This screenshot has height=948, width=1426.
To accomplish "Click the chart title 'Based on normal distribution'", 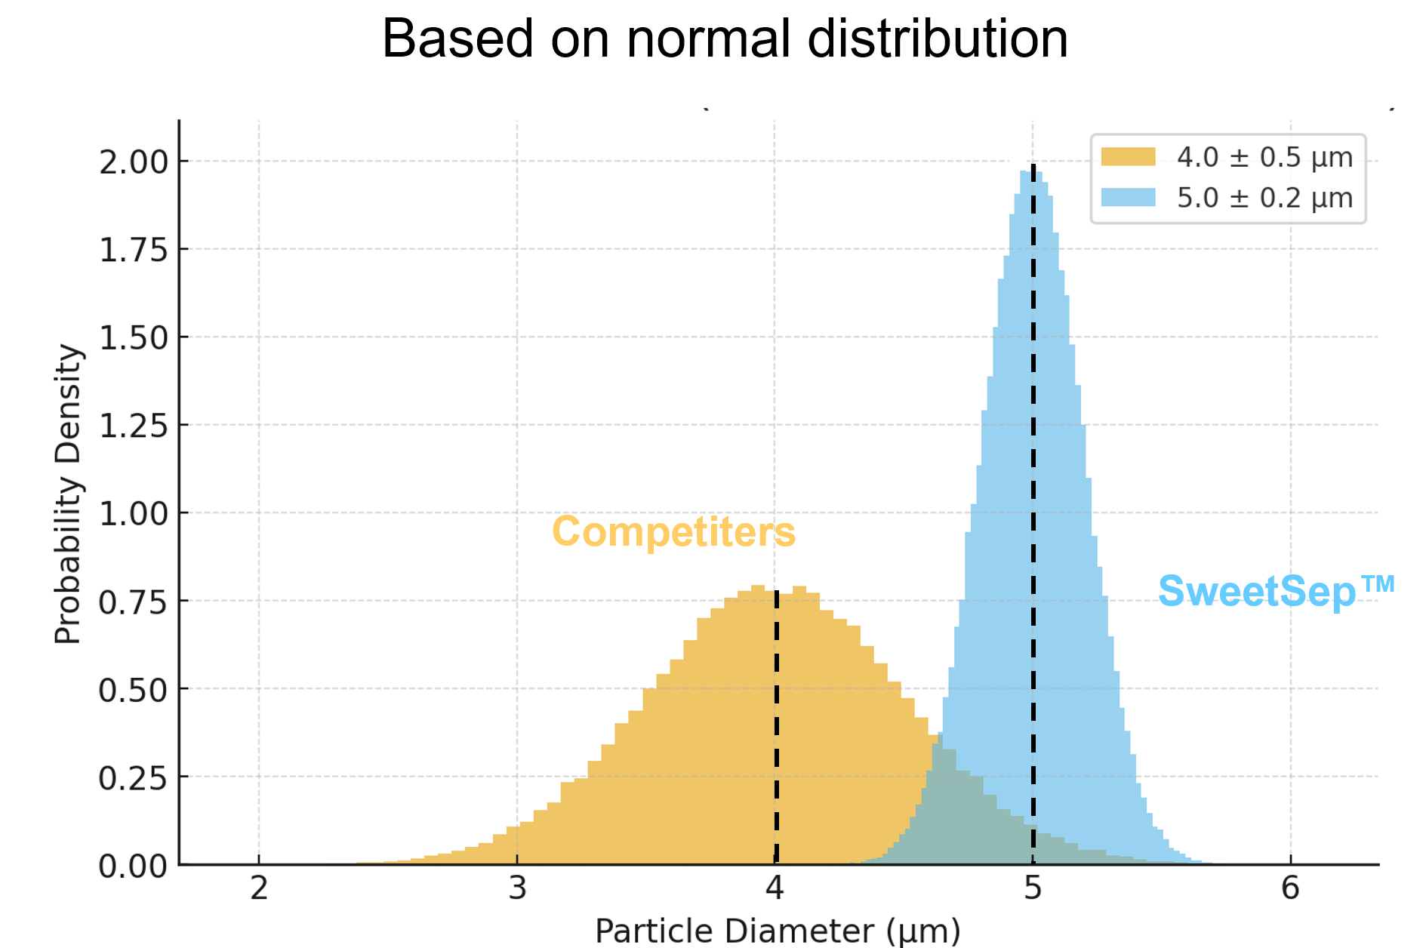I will coord(725,38).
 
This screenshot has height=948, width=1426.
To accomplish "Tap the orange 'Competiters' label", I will coord(673,531).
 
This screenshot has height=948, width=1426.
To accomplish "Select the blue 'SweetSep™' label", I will coord(1276,590).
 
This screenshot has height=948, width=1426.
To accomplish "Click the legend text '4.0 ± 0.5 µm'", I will coord(1264,157).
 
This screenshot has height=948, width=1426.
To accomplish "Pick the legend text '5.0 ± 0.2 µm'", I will coord(1264,198).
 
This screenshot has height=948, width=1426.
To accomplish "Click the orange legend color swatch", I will coord(1128,157).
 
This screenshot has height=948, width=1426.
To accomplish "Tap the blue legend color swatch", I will coord(1128,198).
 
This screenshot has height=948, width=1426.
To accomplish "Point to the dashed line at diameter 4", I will coord(776,725).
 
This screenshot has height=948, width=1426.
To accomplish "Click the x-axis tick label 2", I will coord(259,888).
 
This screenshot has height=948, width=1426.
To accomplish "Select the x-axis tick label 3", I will coord(517,888).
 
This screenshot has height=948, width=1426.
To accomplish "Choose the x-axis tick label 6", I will coord(1290,888).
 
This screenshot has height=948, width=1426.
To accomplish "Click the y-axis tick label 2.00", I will coord(133,162).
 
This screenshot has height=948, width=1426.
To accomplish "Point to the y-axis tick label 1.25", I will coord(133,426).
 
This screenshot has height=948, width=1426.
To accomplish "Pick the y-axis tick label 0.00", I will coord(133,866).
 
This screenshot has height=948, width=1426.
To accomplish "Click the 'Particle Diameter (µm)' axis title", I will coord(778,931).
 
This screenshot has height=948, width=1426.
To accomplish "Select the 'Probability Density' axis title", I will coord(68,494).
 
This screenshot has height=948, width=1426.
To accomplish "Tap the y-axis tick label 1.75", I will coord(133,250).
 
